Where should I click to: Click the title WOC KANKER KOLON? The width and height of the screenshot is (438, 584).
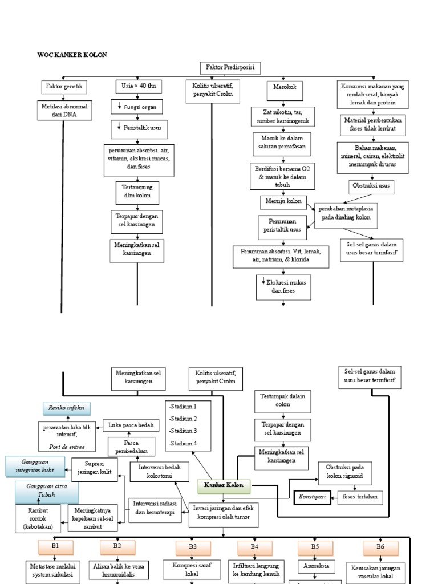[x=72, y=55]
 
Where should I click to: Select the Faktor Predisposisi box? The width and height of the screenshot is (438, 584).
[x=230, y=68]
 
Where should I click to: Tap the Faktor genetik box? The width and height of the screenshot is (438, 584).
[x=64, y=87]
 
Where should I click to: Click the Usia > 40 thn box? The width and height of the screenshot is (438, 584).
[x=139, y=87]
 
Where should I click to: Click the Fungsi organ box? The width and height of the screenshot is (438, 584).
[x=137, y=107]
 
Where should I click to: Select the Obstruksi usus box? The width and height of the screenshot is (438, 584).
[x=371, y=187]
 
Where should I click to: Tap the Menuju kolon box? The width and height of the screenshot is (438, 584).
[x=282, y=201]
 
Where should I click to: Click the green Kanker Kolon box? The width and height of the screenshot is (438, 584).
[x=224, y=486]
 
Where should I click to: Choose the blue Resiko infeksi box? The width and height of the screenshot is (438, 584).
[x=67, y=408]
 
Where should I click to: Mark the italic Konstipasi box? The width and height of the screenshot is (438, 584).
[x=313, y=497]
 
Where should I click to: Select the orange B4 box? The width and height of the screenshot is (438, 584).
[x=254, y=547]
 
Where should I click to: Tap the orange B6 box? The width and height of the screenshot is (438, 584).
[x=380, y=547]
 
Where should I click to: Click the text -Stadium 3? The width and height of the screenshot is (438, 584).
[x=182, y=431]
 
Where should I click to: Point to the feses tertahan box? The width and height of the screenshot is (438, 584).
[x=360, y=497]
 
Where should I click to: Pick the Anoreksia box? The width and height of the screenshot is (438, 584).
[x=315, y=566]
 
